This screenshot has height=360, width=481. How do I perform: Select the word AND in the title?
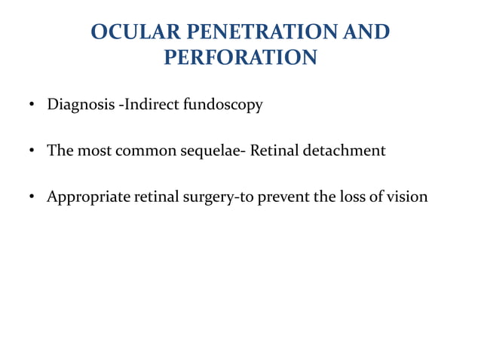(366, 32)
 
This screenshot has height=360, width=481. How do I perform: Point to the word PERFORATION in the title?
(240, 57)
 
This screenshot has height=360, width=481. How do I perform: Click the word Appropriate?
(87, 197)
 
